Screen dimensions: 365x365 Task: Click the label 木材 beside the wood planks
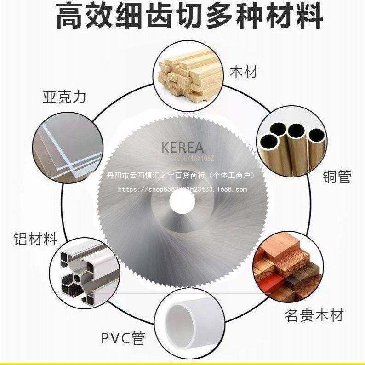click(x=244, y=72)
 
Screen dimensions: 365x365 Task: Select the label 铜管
click(x=337, y=177)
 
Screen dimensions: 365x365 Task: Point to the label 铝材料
click(x=34, y=239)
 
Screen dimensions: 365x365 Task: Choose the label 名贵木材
click(x=314, y=316)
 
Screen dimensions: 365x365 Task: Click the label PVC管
click(x=123, y=339)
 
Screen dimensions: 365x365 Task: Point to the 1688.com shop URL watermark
click(x=183, y=189)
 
